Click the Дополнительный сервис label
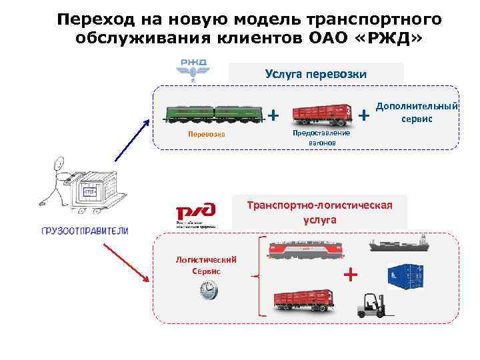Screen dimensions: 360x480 (x=417, y=113)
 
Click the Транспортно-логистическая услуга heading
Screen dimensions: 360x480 (x=320, y=211)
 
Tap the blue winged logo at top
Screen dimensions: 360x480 (x=192, y=68)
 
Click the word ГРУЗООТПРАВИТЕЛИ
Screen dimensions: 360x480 (x=85, y=231)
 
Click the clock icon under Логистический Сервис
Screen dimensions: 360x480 (x=208, y=290)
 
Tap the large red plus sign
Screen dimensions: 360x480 (x=349, y=275)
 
